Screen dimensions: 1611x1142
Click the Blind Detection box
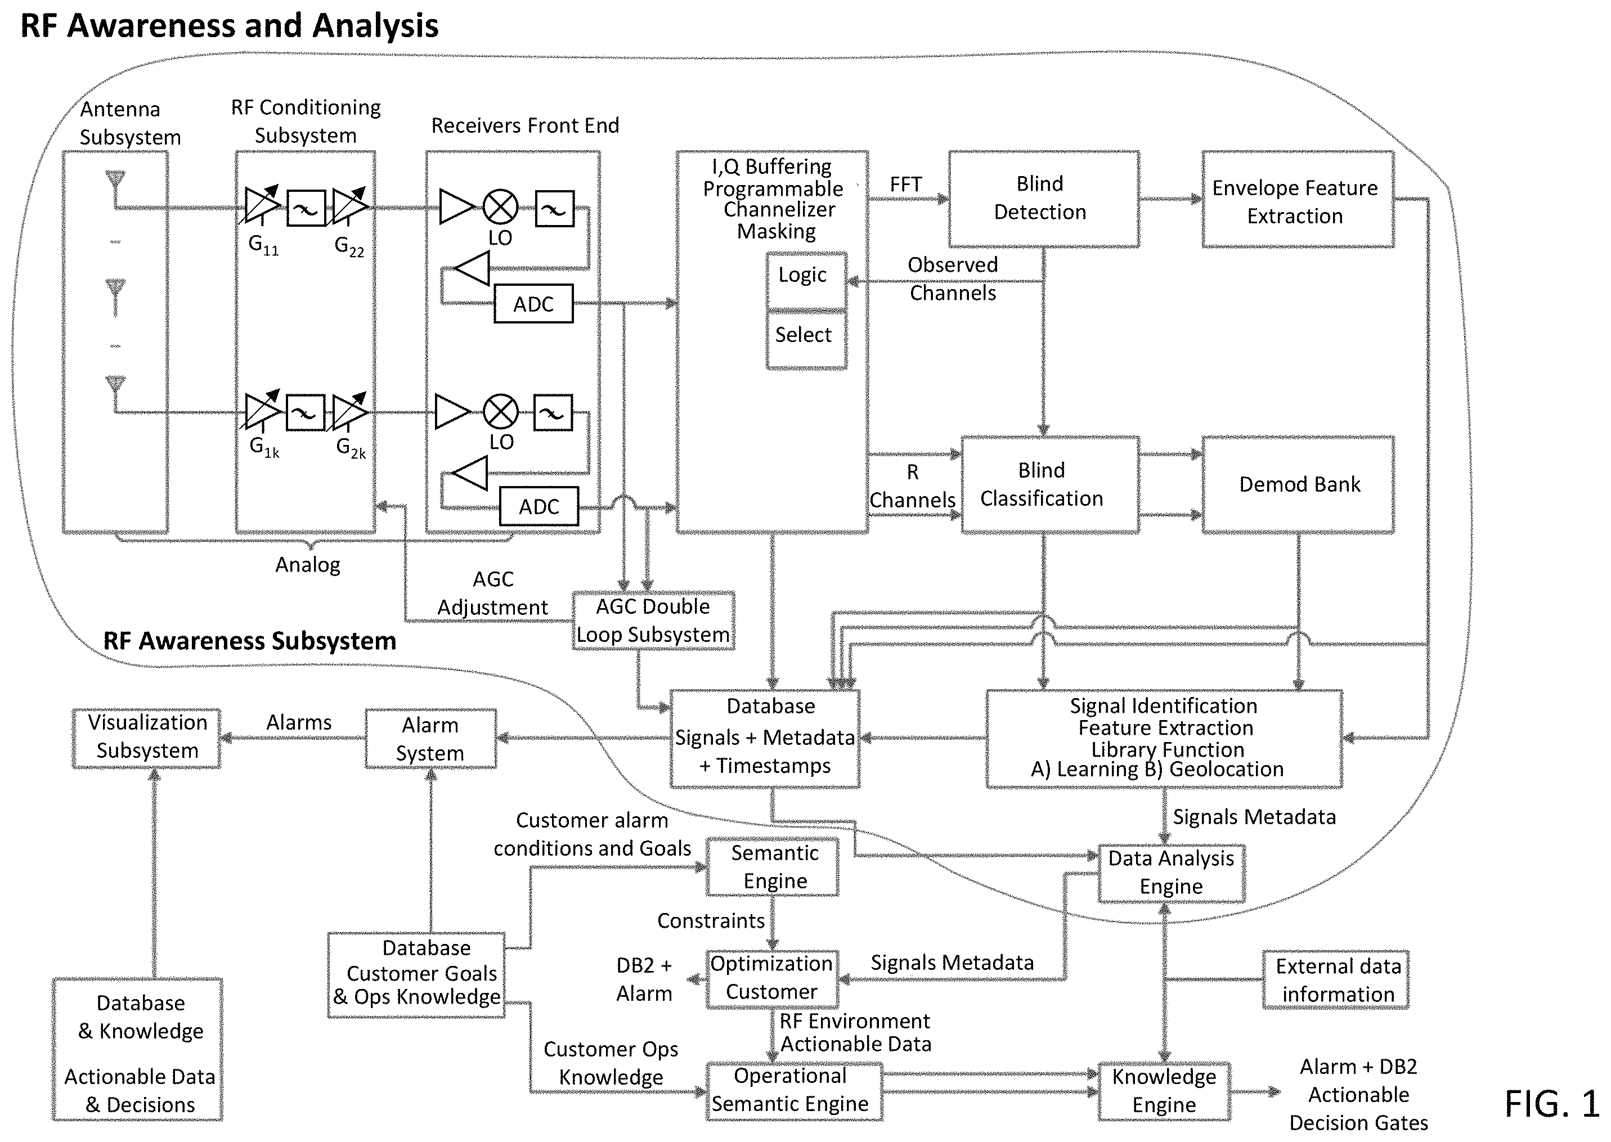(1044, 199)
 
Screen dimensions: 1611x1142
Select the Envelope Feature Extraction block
(1298, 199)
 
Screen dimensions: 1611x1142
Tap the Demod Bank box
(1298, 484)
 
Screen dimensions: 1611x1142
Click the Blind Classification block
(1051, 484)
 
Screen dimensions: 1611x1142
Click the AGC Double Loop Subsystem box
(653, 620)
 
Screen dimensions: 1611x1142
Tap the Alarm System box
(430, 738)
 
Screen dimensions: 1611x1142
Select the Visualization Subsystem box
(146, 738)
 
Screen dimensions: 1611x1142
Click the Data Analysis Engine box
(1171, 873)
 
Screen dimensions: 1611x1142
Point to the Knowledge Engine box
(1164, 1091)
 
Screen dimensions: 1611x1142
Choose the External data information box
(1335, 980)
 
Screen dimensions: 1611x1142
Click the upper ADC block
(533, 304)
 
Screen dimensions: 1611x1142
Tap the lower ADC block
(539, 506)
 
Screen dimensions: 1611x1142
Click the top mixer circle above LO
(500, 208)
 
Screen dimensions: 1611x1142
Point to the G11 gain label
(264, 245)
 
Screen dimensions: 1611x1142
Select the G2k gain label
(351, 448)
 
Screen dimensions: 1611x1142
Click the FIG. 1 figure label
(1551, 1103)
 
